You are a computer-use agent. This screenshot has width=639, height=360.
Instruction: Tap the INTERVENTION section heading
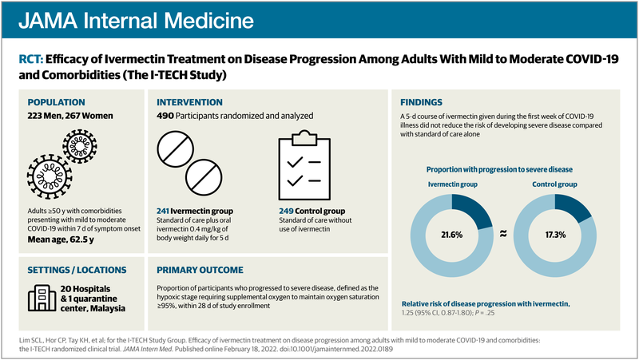pos(190,102)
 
